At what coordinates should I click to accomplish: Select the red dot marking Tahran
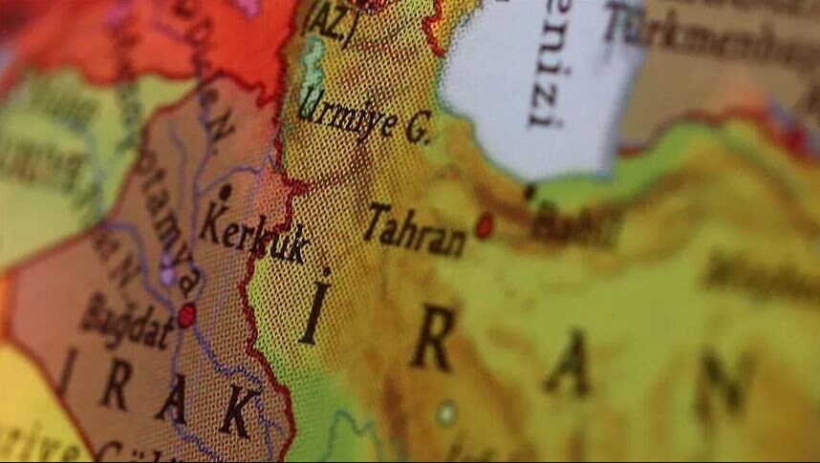(x=485, y=225)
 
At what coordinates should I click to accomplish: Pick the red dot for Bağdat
(x=186, y=315)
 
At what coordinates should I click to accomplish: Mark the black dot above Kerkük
(x=225, y=192)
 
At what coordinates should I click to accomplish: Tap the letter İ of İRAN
(x=314, y=308)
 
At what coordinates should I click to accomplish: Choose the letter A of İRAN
(x=570, y=362)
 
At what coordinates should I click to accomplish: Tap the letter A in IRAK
(x=172, y=397)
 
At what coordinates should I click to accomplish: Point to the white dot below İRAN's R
(x=445, y=412)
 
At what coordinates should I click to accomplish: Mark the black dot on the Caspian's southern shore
(x=529, y=192)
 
